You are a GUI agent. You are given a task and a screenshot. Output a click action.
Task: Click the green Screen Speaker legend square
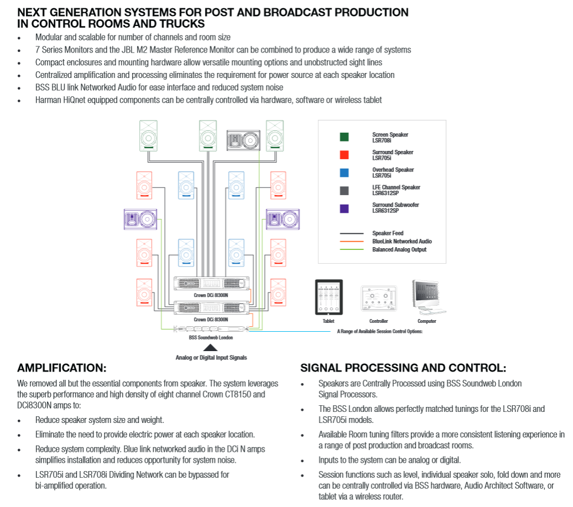[x=344, y=137]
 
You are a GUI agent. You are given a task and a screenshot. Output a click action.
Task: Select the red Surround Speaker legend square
[x=344, y=155]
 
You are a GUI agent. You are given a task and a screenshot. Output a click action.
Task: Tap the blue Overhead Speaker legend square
[x=344, y=173]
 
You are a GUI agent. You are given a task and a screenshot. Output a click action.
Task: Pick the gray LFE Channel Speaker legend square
[x=344, y=190]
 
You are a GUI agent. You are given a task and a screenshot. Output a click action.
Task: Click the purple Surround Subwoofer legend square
[x=344, y=208]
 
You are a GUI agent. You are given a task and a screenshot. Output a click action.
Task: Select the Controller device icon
[x=379, y=300]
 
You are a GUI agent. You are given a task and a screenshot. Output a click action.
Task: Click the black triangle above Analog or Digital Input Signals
[x=210, y=348]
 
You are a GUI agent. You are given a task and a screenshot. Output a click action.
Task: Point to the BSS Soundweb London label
[x=211, y=337]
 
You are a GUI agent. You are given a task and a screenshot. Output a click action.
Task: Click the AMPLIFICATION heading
[x=61, y=368]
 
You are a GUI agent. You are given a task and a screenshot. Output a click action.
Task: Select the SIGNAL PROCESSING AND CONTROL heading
[x=403, y=368]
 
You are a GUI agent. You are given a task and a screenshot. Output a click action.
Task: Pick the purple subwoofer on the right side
[x=282, y=219]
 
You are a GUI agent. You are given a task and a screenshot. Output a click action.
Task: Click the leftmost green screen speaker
[x=148, y=135]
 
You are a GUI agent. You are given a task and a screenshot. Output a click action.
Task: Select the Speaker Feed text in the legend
[x=387, y=233]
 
